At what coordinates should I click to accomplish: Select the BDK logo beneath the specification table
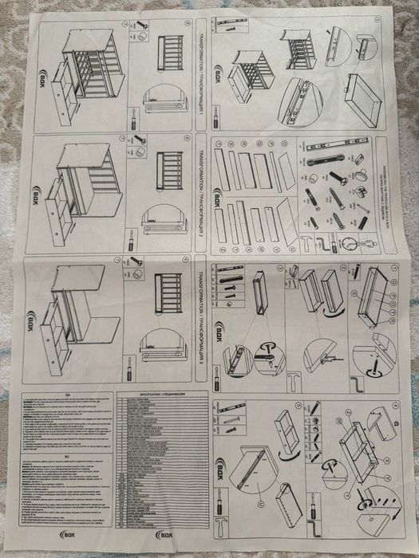coord(162,534)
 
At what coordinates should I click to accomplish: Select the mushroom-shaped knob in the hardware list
coord(362,174)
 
